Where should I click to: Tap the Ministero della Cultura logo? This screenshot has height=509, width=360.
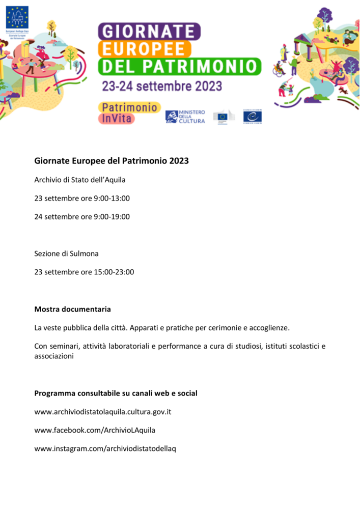[185, 117]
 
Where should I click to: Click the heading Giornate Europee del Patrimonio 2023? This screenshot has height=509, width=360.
[112, 161]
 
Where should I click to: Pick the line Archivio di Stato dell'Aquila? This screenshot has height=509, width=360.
[79, 180]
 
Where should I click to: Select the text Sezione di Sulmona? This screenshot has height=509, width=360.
[66, 253]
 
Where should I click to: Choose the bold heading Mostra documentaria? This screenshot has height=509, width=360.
[72, 309]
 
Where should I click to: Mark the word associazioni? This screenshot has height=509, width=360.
[54, 356]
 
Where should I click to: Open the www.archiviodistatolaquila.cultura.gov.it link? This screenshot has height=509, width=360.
[102, 411]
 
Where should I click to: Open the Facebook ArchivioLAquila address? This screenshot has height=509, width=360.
[95, 430]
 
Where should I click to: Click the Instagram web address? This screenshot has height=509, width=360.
[105, 448]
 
